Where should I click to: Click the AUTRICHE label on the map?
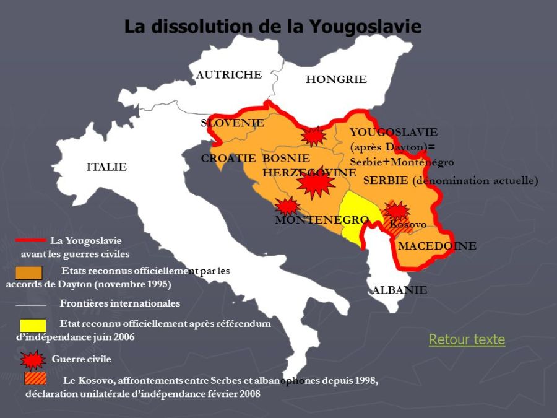[x=229, y=75]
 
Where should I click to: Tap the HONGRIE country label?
[x=336, y=79]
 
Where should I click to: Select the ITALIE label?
[x=106, y=167]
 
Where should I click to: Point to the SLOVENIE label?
[x=232, y=123]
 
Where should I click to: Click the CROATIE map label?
[x=228, y=159]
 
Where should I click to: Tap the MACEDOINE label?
[x=437, y=246]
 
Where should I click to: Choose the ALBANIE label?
[x=399, y=290]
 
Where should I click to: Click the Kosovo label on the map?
[x=408, y=224]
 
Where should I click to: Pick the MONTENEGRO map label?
[x=322, y=220]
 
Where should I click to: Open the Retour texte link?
[x=467, y=339]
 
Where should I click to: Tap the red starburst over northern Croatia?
[x=314, y=136]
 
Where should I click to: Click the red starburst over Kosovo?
[x=396, y=211]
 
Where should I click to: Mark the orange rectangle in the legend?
[x=28, y=272]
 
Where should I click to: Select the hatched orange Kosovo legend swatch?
[x=35, y=378]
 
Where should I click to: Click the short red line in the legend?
[x=30, y=240]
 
